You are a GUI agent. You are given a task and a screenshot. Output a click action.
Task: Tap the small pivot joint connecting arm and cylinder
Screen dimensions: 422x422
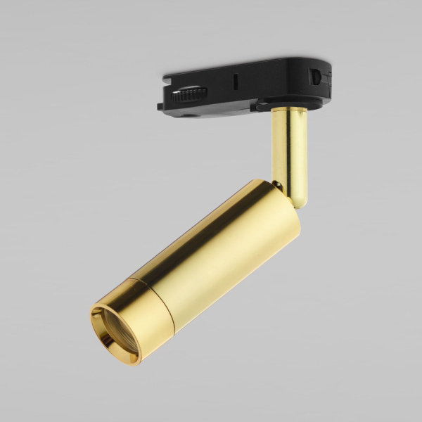click(x=280, y=186)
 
